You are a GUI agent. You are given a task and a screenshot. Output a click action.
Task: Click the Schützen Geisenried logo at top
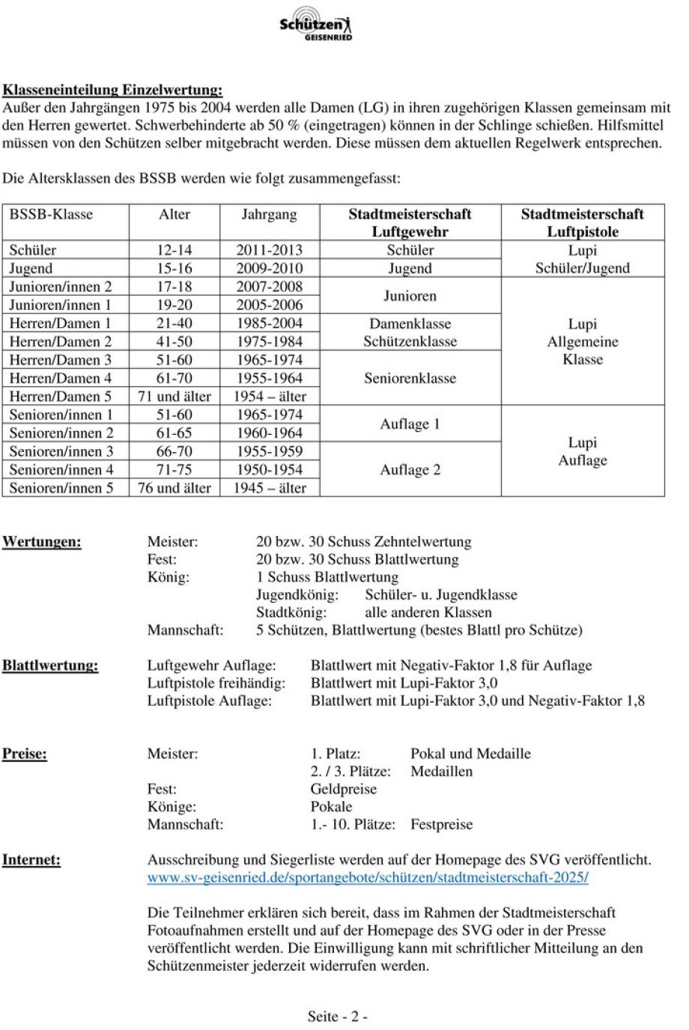[315, 24]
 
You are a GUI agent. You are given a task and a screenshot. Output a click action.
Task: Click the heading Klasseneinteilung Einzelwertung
[112, 90]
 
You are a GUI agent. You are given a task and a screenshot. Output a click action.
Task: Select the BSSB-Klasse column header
[51, 214]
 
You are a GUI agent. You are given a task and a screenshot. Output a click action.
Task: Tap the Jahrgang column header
[269, 214]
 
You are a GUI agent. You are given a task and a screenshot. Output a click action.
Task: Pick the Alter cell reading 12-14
[174, 250]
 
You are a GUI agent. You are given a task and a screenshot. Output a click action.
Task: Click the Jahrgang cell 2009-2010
[269, 268]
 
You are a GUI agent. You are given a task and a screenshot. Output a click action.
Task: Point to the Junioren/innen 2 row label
[60, 287]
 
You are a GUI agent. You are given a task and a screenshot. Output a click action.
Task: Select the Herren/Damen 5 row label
[60, 396]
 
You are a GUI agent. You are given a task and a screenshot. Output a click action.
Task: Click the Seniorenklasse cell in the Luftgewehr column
[410, 378]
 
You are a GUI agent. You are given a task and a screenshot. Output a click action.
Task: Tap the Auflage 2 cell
[410, 469]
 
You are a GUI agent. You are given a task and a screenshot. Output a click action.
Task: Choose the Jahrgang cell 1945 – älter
[269, 488]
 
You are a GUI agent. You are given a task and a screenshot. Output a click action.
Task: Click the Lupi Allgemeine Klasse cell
[582, 341]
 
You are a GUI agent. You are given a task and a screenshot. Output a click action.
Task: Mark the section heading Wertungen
[41, 541]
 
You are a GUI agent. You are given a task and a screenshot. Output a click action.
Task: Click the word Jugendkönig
[297, 594]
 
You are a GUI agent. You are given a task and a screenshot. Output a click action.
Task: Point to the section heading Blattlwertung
[49, 665]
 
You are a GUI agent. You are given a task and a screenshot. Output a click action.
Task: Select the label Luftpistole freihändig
[216, 683]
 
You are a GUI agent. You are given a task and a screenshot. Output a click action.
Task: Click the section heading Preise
[24, 753]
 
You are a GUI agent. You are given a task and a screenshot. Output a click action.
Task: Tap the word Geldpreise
[343, 789]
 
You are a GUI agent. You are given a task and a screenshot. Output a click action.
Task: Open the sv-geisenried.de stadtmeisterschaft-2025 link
[367, 877]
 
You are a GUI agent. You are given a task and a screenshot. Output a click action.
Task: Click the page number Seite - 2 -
[337, 1016]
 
